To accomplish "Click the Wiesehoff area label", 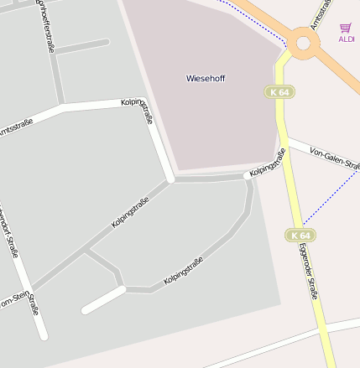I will pyautogui.click(x=206, y=78).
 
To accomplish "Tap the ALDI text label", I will pyautogui.click(x=347, y=39).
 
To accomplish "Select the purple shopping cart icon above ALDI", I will pyautogui.click(x=346, y=28).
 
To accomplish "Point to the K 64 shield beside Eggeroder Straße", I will pyautogui.click(x=300, y=236).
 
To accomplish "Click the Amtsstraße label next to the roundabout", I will pyautogui.click(x=317, y=14).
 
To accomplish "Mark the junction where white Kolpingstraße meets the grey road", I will pyautogui.click(x=170, y=179).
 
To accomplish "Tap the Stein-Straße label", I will pyautogui.click(x=33, y=303).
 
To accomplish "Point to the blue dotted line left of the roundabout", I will pyautogui.click(x=252, y=17).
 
